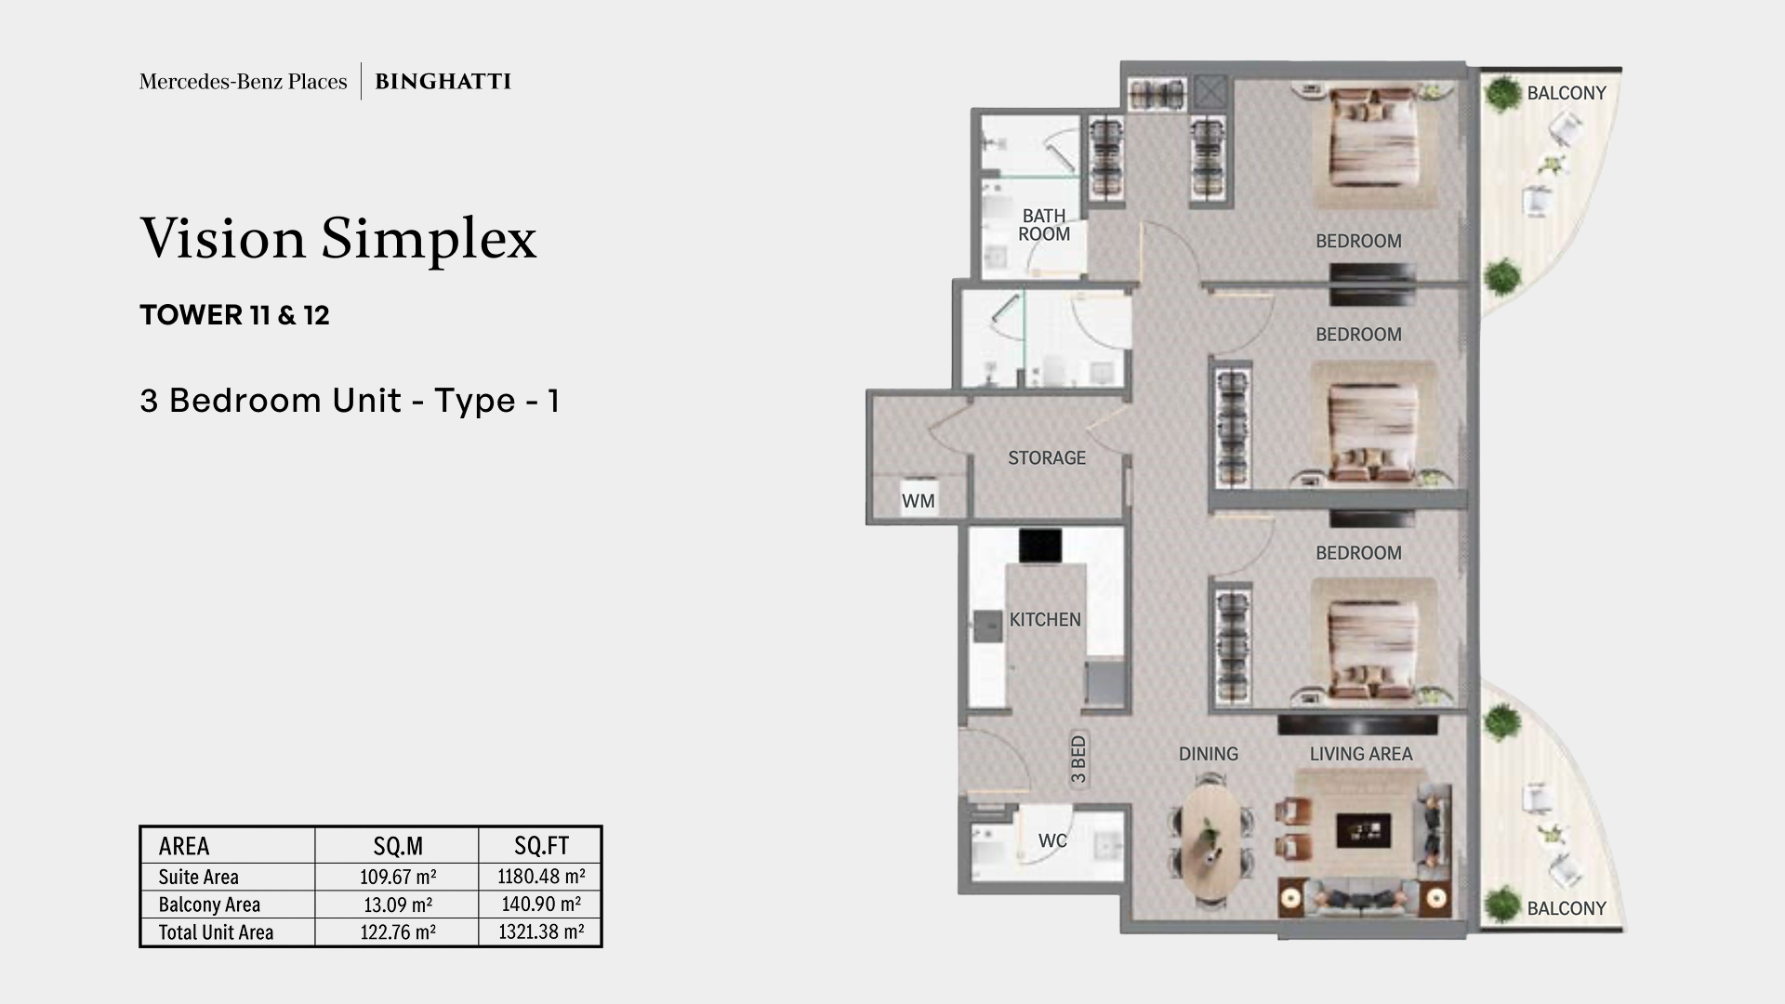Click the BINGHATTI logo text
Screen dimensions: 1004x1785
[x=443, y=82]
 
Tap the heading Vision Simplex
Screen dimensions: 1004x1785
[x=338, y=238]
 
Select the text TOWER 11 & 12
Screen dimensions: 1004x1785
[x=234, y=315]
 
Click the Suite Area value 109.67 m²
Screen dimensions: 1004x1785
[x=398, y=877]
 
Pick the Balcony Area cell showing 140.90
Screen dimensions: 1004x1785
[x=541, y=905]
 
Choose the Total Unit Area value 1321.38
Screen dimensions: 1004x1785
[x=541, y=931]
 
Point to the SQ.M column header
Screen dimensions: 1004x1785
[x=398, y=846]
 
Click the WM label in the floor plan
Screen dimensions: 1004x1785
[x=918, y=501]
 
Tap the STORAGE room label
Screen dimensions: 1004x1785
[x=1047, y=457]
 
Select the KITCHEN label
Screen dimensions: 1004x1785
[x=1045, y=619]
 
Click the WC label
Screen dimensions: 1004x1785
[x=1052, y=840]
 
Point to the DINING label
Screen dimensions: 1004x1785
[x=1208, y=754]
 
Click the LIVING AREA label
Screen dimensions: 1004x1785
[x=1360, y=754]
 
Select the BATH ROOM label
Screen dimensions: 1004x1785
[x=1044, y=225]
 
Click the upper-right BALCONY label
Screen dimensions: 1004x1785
[x=1566, y=93]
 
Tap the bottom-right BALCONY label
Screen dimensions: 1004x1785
[x=1566, y=908]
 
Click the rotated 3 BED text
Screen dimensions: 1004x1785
[x=1078, y=760]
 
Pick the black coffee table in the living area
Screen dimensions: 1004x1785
[x=1363, y=829]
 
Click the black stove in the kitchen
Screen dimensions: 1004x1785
[x=1039, y=546]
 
